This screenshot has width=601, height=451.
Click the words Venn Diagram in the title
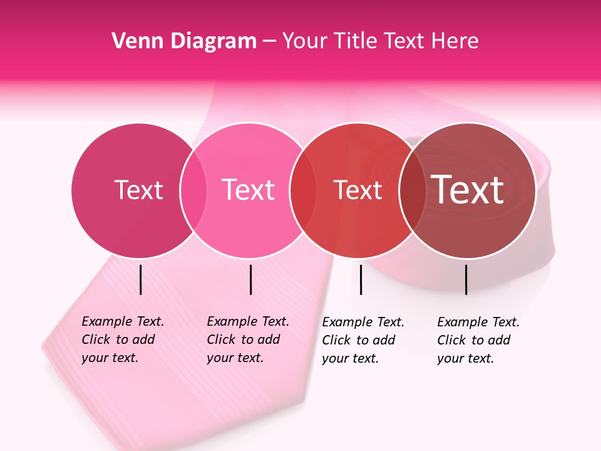184,41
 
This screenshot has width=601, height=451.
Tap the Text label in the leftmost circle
138,190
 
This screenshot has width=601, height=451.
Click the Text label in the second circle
249,190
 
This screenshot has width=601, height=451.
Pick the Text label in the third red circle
357,190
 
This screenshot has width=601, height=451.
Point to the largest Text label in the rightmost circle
468,190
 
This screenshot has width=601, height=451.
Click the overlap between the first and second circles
193,190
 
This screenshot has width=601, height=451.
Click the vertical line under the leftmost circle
141,279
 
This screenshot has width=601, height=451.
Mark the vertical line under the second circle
250,279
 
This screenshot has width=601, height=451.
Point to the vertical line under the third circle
361,279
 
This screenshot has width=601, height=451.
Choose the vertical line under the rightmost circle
466,279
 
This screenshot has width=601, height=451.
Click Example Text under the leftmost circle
123,321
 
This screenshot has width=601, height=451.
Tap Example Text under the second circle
248,321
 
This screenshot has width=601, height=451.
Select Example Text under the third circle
363,322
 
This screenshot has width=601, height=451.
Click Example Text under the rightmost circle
478,322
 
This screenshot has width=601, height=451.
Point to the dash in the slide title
269,42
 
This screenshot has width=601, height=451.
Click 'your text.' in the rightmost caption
466,358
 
